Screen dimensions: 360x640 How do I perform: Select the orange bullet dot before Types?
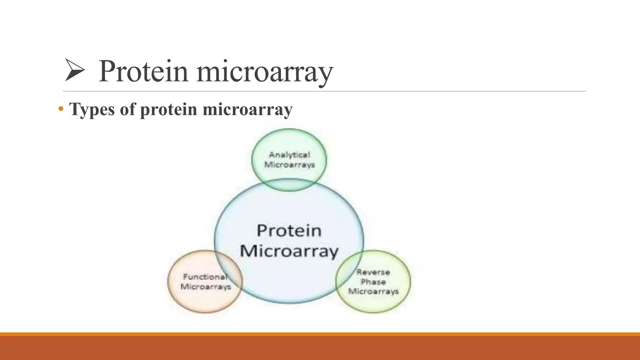coord(61,109)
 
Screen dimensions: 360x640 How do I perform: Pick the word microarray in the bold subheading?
coord(247,110)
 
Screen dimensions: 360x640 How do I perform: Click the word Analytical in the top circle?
coord(289,155)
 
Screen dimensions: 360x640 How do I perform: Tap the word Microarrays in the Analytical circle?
coord(289,165)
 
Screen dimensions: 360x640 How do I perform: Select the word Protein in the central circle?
coord(289,231)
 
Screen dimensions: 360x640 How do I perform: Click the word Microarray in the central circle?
coord(289,251)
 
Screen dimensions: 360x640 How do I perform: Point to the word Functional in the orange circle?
coord(205,277)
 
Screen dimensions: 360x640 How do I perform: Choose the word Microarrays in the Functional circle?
coord(206,287)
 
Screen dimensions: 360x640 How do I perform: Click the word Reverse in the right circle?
coord(373,272)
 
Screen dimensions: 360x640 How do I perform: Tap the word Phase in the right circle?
coord(373,282)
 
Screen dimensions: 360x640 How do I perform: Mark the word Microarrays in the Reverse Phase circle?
coord(373,292)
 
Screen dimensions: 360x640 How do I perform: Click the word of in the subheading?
coord(127,110)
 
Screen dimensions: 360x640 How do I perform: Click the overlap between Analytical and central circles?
coord(289,185)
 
